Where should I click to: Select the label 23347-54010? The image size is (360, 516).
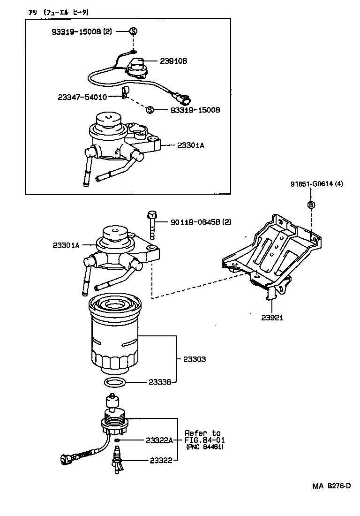tap(82, 97)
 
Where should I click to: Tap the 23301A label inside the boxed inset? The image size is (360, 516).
tap(191, 145)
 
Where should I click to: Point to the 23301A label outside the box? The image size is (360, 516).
tap(66, 245)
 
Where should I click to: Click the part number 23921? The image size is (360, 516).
tap(272, 317)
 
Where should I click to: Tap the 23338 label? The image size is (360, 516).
tap(160, 382)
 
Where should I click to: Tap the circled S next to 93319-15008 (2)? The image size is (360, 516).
tap(133, 31)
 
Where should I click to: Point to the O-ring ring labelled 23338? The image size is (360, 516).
tap(114, 382)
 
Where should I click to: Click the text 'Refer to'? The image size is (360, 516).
tap(202, 433)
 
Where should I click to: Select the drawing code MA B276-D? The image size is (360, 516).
tap(331, 486)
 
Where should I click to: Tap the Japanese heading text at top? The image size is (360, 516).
tap(58, 13)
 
